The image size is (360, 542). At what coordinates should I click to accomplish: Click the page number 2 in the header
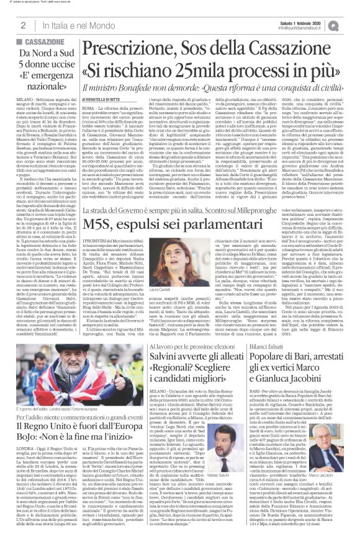pos(22,25)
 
